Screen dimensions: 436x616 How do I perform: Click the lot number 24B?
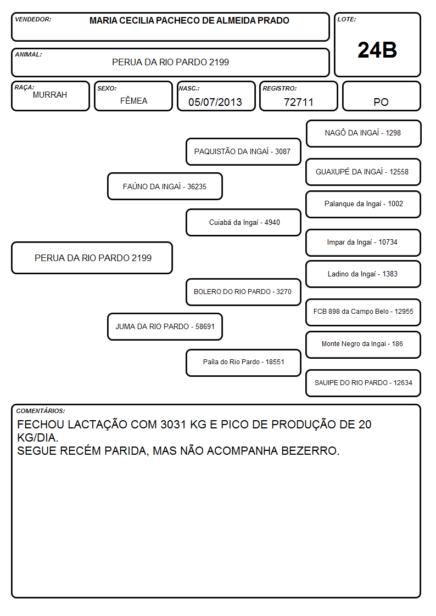[x=377, y=50]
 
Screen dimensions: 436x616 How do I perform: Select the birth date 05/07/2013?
[x=215, y=102]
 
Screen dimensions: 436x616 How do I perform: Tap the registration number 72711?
[x=298, y=102]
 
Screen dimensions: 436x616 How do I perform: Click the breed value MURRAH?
[x=50, y=95]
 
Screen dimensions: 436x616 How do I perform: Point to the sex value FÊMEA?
[x=133, y=100]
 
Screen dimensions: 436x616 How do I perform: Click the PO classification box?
[x=381, y=96]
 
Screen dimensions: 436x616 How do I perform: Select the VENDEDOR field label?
[x=33, y=19]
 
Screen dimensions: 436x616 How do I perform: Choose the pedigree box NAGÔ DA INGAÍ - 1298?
[x=364, y=134]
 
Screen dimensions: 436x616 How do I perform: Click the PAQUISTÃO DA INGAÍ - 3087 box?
[x=243, y=151]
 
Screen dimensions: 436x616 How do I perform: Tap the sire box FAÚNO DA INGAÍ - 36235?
[x=165, y=186]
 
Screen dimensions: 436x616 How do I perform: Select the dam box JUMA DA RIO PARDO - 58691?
[x=165, y=326]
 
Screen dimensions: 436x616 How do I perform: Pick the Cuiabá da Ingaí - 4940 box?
[x=243, y=222]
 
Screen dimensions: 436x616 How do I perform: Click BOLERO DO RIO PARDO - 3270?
[x=243, y=292]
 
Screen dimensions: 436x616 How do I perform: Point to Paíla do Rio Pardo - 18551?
[x=243, y=363]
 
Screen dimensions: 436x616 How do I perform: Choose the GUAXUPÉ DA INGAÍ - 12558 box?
[x=364, y=172]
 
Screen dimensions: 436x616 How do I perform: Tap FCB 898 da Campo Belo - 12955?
[x=364, y=312]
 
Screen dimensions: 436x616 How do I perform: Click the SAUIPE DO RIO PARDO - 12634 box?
[x=364, y=383]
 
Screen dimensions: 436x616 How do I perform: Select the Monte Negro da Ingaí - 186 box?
[x=364, y=344]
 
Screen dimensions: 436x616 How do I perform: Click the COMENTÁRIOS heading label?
[x=41, y=411]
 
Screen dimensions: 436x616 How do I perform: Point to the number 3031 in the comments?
[x=173, y=424]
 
